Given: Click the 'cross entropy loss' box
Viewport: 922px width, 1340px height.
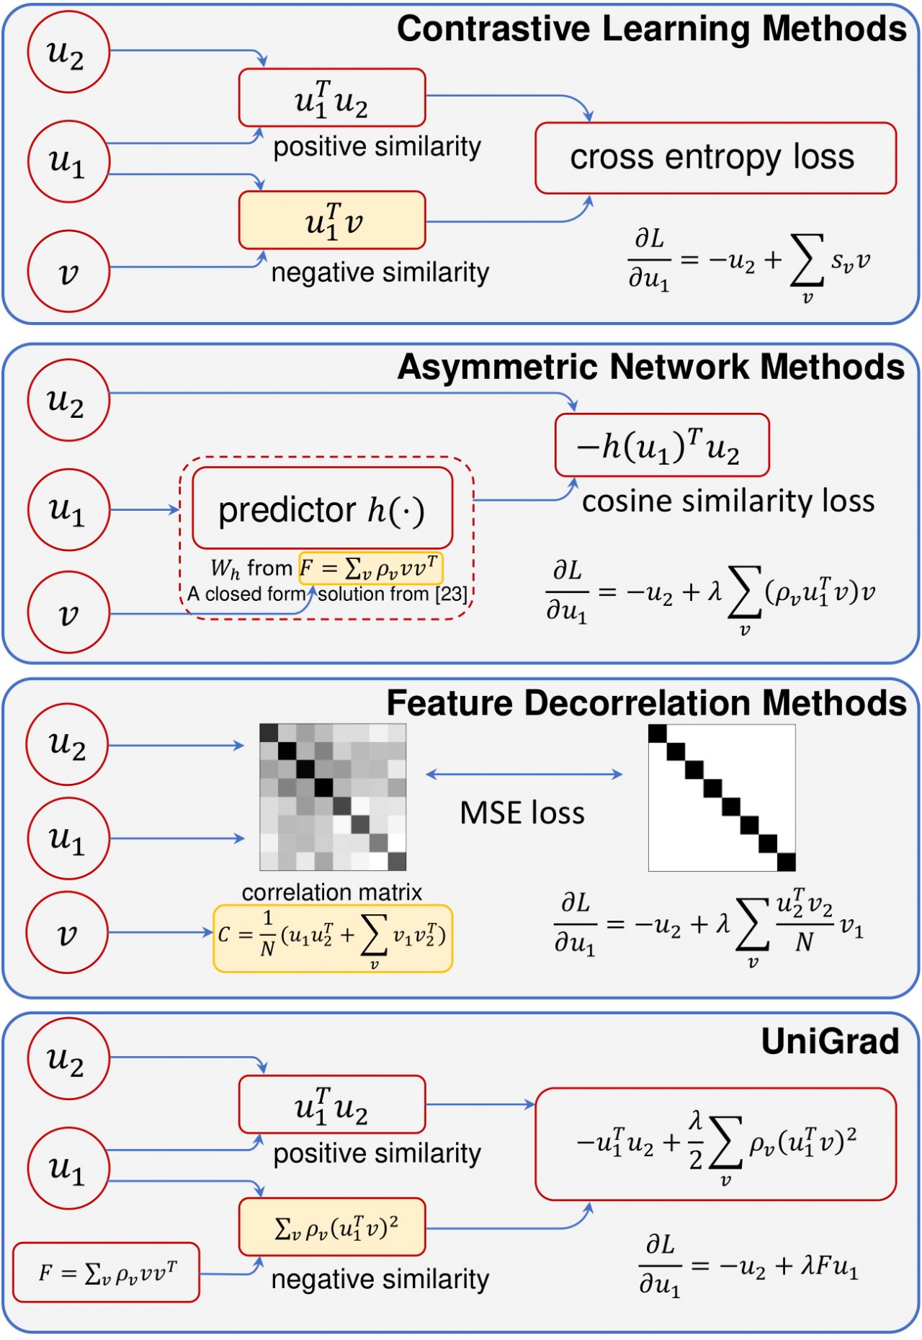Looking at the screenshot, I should coord(715,158).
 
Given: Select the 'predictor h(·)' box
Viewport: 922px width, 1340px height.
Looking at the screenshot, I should coord(322,509).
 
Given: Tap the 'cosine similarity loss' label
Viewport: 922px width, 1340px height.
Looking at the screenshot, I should coord(728,501).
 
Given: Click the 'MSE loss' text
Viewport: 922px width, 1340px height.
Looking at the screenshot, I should coord(522,813).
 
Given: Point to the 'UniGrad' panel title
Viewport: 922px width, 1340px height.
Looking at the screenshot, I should coord(830,1041).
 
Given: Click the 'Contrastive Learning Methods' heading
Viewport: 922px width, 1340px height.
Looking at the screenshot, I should coord(651,30).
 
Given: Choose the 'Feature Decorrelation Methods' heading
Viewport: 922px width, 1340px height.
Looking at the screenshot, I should coord(646,703).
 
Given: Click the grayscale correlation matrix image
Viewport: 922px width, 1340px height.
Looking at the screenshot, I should coord(333,797).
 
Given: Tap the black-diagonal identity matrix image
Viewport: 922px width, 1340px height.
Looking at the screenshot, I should coord(722,798).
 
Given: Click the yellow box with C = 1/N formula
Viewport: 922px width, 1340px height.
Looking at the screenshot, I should coord(333,938).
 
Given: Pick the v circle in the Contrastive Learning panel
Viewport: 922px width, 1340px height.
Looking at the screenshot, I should coord(68,272).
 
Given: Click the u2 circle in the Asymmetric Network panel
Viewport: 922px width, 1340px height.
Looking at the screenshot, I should coord(68,401).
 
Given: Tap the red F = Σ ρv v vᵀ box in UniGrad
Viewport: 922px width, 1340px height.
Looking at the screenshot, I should coord(106,1272).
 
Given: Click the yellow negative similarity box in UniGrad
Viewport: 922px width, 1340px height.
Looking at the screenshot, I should coord(332,1227).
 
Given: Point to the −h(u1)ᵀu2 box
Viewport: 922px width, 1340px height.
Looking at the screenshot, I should coord(662,445).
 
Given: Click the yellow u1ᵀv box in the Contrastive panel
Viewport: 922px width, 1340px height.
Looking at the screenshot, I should coord(332,220).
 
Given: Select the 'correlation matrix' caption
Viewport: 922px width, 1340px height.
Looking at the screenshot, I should coord(331,893).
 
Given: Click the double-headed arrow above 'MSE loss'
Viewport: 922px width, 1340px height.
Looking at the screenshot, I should coord(524,774).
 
